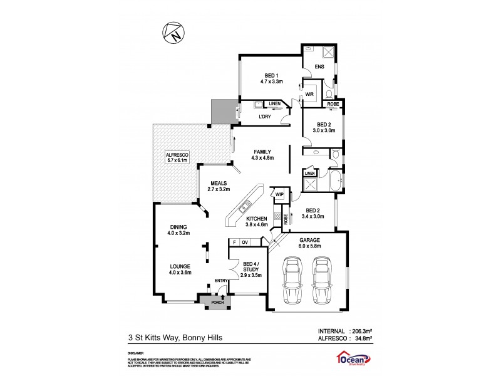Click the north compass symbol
coord(174,33)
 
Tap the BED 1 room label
coord(272,75)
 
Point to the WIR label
coord(309,94)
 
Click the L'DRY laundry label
coord(265,117)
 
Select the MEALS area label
coord(220,183)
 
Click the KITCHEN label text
coord(257,218)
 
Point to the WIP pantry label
coord(279,195)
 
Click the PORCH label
coord(217,303)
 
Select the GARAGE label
coord(309,240)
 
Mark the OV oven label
coord(245,242)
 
